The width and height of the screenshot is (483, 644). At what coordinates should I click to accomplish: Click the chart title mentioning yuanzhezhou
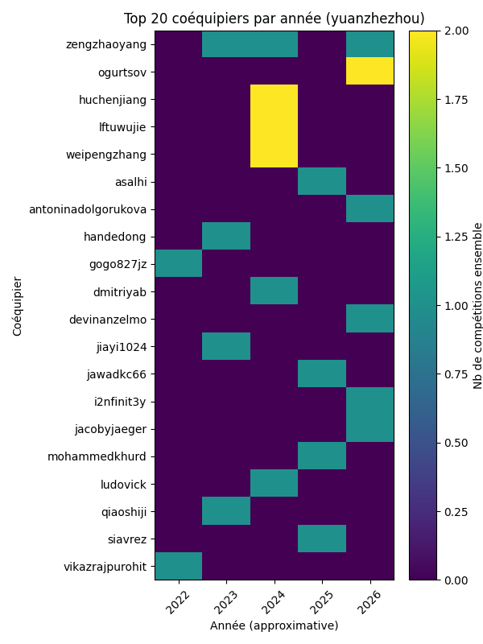click(x=274, y=19)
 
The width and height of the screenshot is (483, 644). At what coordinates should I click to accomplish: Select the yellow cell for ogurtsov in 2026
click(x=369, y=72)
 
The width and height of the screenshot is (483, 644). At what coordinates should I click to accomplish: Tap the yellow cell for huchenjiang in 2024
click(x=274, y=99)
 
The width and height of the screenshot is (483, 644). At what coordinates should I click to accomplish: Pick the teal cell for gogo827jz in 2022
click(x=178, y=264)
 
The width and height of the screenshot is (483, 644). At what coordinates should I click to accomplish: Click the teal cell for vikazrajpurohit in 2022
click(x=178, y=566)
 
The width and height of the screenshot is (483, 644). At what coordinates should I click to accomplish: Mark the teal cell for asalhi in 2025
click(x=322, y=181)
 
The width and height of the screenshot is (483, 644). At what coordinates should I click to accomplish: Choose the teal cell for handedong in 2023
click(x=226, y=237)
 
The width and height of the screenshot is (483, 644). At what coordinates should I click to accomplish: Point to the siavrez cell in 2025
click(x=322, y=539)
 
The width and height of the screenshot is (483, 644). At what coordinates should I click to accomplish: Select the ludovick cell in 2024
click(x=274, y=484)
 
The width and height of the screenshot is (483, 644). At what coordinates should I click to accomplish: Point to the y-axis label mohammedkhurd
click(x=108, y=456)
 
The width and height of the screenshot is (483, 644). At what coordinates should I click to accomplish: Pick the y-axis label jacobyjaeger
click(x=114, y=429)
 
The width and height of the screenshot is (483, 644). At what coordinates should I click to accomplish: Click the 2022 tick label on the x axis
click(x=178, y=601)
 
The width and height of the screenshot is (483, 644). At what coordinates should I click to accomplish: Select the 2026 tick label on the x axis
click(x=369, y=601)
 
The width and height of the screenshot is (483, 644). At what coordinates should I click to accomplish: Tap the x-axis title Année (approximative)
click(x=274, y=625)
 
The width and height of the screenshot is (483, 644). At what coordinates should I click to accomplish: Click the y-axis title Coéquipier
click(x=18, y=306)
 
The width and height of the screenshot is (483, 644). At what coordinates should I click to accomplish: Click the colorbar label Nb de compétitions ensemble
click(x=477, y=306)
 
